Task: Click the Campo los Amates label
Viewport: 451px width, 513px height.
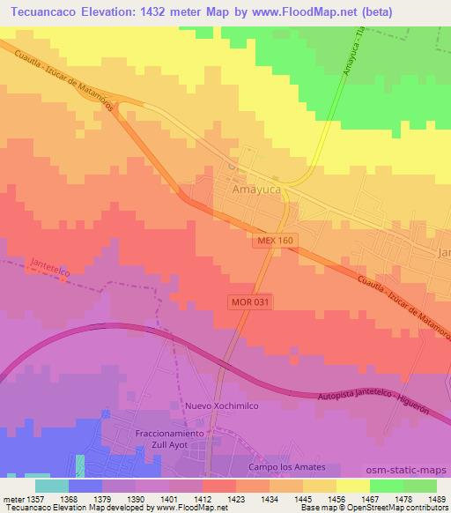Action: (x=287, y=466)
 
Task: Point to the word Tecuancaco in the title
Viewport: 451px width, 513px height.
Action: (x=40, y=11)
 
